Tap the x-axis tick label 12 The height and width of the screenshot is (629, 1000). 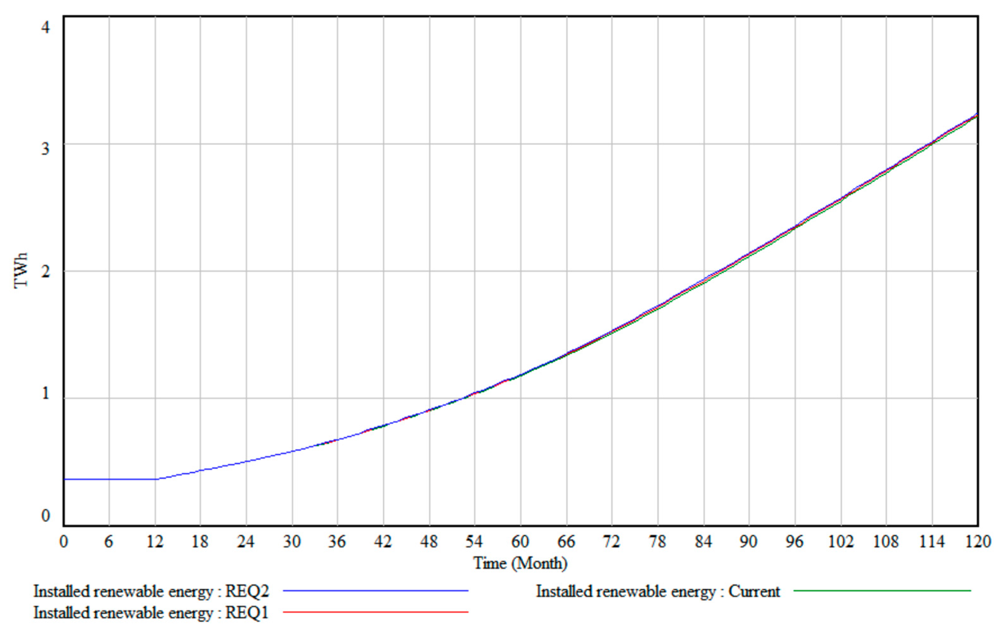pyautogui.click(x=155, y=541)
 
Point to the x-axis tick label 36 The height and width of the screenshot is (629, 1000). pyautogui.click(x=337, y=541)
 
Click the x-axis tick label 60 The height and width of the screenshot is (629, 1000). pyautogui.click(x=520, y=541)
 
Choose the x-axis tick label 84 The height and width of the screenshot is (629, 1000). pyautogui.click(x=703, y=541)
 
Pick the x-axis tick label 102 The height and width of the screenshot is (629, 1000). pyautogui.click(x=840, y=541)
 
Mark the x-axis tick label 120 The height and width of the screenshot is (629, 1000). pyautogui.click(x=977, y=541)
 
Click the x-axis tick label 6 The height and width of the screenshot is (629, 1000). pyautogui.click(x=108, y=541)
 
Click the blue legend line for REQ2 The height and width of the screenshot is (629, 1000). pyautogui.click(x=376, y=590)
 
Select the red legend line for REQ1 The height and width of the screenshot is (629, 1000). pyautogui.click(x=376, y=612)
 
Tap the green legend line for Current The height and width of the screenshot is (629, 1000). pyautogui.click(x=882, y=590)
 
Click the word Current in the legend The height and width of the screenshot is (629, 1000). pyautogui.click(x=754, y=591)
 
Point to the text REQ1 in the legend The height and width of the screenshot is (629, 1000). pyautogui.click(x=247, y=613)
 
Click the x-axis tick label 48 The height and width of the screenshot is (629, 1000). pyautogui.click(x=428, y=541)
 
